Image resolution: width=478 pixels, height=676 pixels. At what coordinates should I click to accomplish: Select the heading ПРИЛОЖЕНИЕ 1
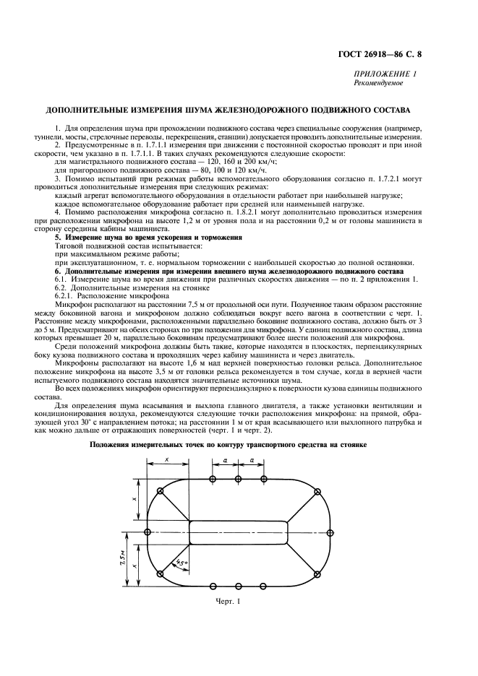coord(385,74)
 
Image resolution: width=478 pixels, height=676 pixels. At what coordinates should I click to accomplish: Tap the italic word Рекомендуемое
coord(377,83)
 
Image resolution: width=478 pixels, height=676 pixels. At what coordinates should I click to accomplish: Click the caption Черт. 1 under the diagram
coord(227,601)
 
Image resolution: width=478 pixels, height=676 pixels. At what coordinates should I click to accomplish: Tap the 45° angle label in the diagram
coord(180,560)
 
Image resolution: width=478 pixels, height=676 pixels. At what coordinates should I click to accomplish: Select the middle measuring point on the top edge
coord(239,479)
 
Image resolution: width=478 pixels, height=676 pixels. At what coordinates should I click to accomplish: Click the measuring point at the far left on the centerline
coord(148,532)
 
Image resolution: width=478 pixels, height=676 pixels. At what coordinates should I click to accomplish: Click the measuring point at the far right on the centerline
coord(330,532)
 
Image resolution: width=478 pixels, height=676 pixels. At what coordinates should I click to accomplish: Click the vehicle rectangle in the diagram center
coord(239,532)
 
